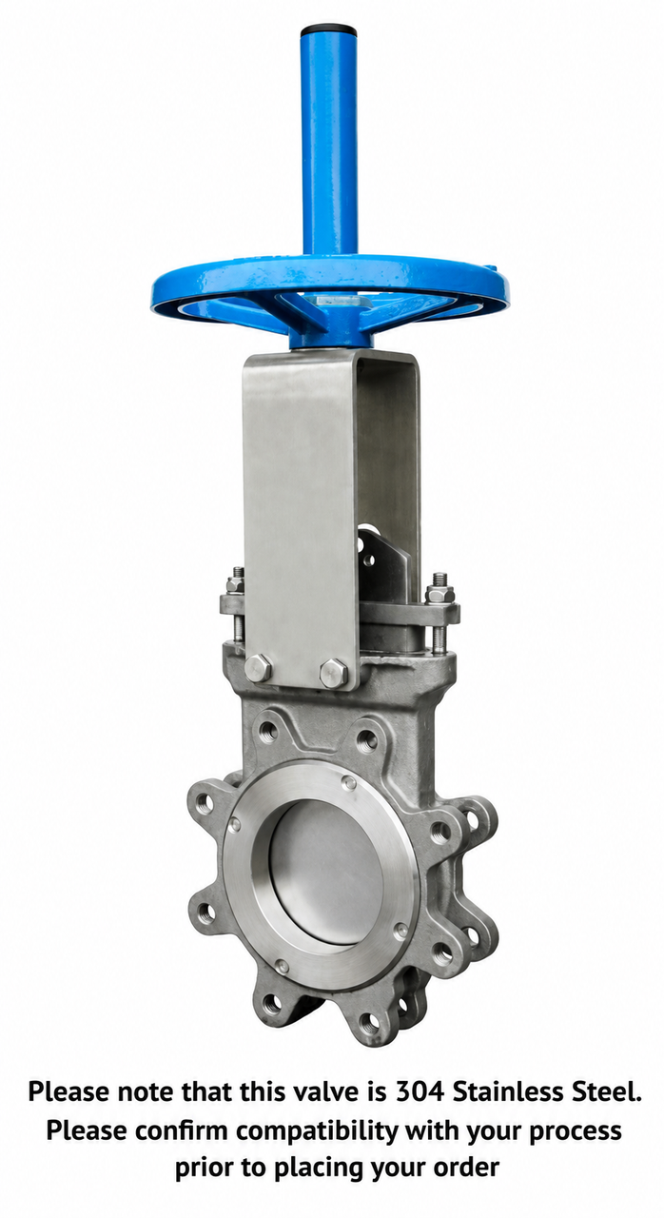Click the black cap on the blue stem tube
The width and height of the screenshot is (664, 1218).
tap(329, 29)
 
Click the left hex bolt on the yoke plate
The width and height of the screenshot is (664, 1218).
tap(258, 668)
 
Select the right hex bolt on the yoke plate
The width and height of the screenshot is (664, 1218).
tap(334, 673)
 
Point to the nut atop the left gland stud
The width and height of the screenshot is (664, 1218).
tap(236, 584)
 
